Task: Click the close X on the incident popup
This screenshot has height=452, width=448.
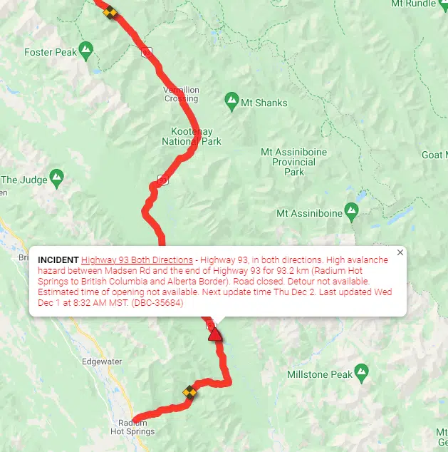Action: click(x=400, y=252)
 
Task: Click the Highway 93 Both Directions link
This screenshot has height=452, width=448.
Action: click(x=137, y=260)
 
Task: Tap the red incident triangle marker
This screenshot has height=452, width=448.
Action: click(x=214, y=334)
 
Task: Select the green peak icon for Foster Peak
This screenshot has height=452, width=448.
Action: click(x=86, y=50)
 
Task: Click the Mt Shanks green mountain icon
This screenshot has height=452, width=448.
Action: click(x=231, y=101)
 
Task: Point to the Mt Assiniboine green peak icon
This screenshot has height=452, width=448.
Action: click(x=350, y=210)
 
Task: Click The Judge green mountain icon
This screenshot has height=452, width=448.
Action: click(x=57, y=177)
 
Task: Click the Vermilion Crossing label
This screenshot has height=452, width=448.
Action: click(x=182, y=94)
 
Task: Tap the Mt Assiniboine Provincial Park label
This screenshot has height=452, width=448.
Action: click(x=294, y=162)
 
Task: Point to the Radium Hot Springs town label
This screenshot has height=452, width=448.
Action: click(x=132, y=427)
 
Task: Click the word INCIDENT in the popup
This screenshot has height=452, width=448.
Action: click(x=58, y=260)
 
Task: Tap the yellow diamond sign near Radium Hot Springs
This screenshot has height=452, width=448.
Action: click(x=189, y=391)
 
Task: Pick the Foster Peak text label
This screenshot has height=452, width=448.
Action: click(x=50, y=52)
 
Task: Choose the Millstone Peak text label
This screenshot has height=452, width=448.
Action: click(x=320, y=374)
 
